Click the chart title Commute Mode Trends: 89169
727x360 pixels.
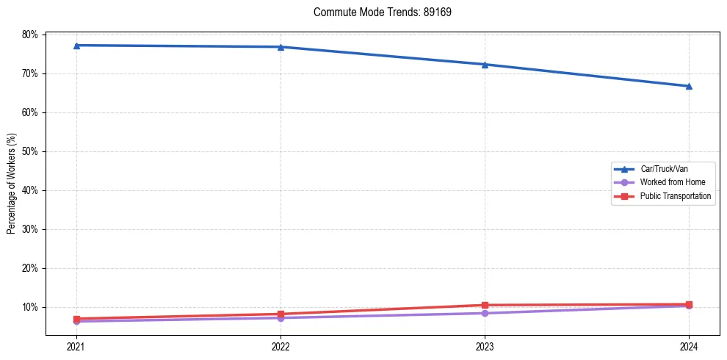tap(377, 12)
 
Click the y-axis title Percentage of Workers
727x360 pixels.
tap(12, 184)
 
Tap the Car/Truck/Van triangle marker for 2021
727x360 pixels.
tap(76, 46)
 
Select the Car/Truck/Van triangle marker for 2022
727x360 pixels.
tap(281, 47)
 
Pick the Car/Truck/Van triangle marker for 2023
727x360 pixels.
tap(485, 65)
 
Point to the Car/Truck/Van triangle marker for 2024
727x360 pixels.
tap(689, 86)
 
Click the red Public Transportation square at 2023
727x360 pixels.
tap(485, 305)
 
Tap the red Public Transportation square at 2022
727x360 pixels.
tap(281, 314)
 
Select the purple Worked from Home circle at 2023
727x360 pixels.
tap(485, 313)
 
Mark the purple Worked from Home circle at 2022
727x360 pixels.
tap(281, 318)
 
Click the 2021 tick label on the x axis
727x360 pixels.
tap(76, 346)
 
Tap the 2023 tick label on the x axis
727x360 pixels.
tap(485, 346)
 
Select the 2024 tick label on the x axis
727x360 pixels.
tap(689, 346)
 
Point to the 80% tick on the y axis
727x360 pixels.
tap(30, 35)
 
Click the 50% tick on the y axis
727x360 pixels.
tap(30, 151)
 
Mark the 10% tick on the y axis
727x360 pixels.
tap(30, 307)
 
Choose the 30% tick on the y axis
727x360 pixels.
tap(30, 229)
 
